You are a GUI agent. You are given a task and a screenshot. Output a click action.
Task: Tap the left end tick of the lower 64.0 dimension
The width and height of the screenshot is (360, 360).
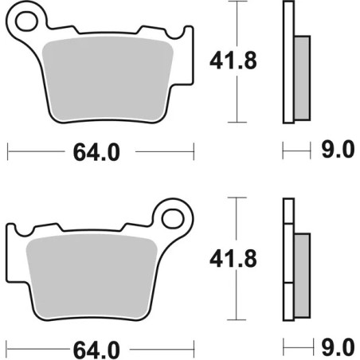coord(7,347)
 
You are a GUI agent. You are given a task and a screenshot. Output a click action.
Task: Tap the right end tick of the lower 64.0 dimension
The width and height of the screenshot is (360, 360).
coord(194,347)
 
